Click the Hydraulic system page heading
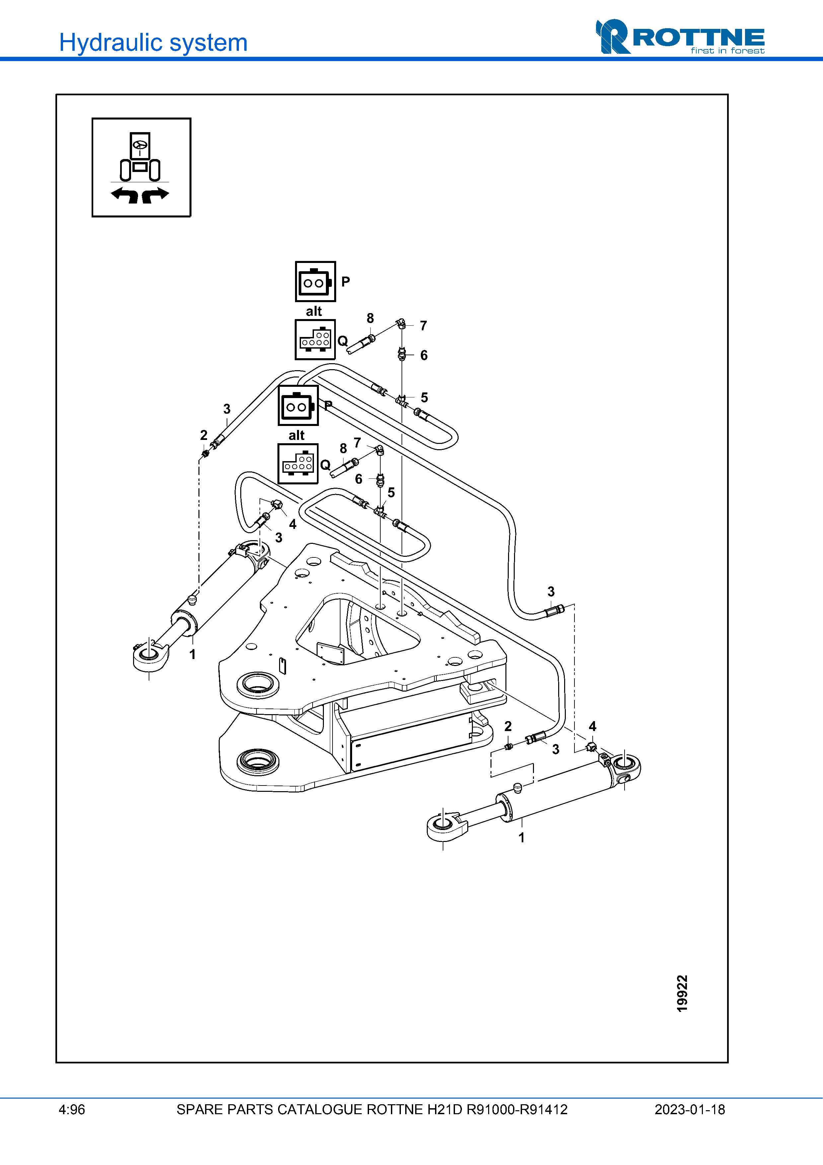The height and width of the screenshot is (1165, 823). coord(153,42)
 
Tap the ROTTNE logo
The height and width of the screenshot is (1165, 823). coord(680,37)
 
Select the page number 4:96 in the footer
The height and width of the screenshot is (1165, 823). coord(72,1110)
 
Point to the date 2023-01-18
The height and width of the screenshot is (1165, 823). coord(690,1110)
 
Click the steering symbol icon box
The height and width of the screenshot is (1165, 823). coord(141,167)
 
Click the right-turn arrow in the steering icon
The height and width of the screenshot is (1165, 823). coord(155,194)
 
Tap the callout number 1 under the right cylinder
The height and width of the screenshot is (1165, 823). coord(521,837)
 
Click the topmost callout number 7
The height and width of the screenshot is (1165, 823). coord(423,326)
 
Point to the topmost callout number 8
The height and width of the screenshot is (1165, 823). coord(370,318)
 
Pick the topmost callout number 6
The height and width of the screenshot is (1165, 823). coord(424,355)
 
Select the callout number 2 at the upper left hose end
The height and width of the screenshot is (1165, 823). coord(204,435)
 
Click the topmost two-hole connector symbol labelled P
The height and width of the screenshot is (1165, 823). coord(315,282)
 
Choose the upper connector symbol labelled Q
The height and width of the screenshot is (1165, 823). coord(315,339)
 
